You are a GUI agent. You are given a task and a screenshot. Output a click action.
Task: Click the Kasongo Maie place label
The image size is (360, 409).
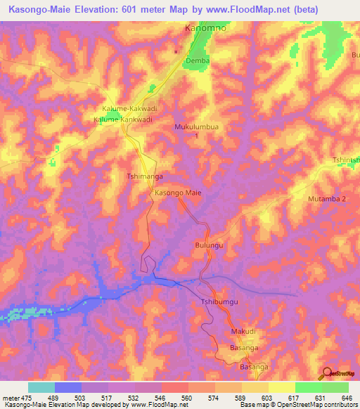pyautogui.click(x=178, y=192)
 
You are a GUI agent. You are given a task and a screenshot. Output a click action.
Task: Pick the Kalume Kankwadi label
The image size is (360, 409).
pyautogui.click(x=123, y=119)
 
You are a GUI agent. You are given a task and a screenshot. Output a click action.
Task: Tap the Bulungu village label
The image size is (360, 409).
pyautogui.click(x=209, y=245)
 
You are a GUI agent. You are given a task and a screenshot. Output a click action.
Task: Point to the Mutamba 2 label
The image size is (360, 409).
pyautogui.click(x=328, y=199)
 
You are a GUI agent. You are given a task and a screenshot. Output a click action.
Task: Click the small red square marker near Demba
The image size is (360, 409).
pyautogui.click(x=176, y=51)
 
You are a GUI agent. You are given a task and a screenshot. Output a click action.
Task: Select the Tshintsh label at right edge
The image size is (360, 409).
pyautogui.click(x=346, y=160)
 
